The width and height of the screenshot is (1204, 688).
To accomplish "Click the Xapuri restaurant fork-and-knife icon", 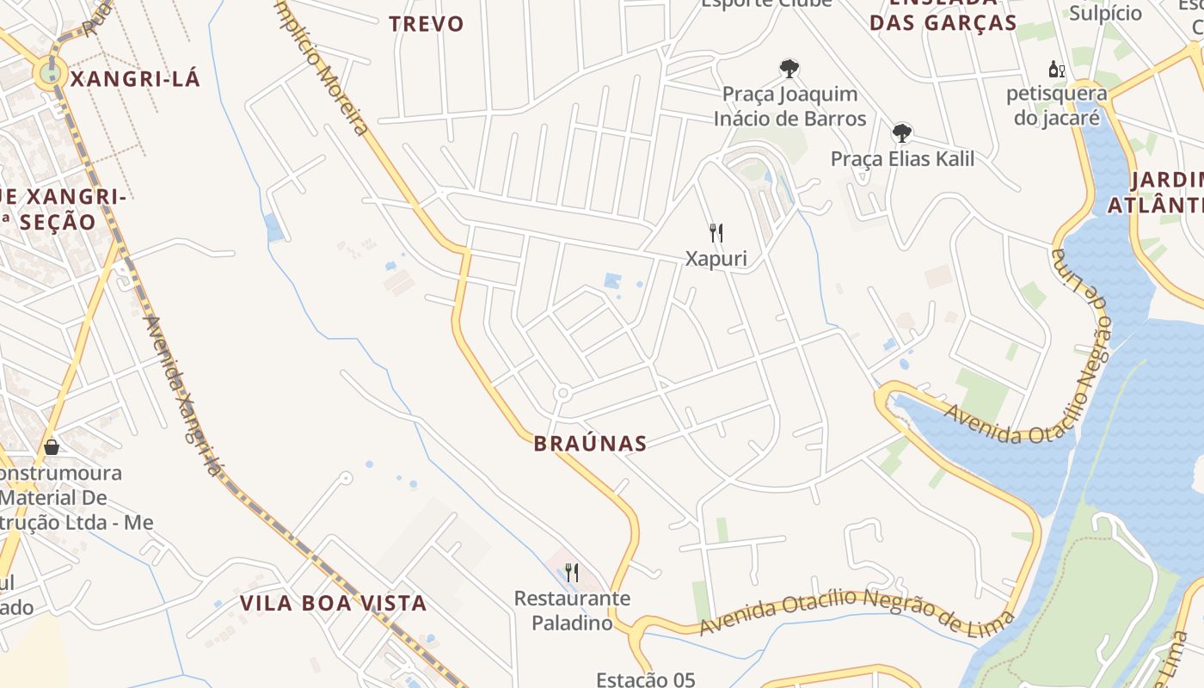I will coord(716,232).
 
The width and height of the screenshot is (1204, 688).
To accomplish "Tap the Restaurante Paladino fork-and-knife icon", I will coord(571,572).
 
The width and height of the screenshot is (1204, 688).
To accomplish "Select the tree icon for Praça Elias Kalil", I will coord(901,132).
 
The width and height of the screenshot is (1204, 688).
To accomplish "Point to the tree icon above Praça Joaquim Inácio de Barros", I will coord(789,68).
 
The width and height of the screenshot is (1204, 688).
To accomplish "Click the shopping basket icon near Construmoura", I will coord(52,446).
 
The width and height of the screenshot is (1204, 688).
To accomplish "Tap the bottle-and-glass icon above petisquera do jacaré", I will coord(1056,69).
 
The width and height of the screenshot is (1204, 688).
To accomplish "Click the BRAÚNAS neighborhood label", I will coord(590,444).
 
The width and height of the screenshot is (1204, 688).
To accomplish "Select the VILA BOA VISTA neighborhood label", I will coord(333,603).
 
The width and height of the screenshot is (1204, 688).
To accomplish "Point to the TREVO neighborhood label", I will coord(426,24).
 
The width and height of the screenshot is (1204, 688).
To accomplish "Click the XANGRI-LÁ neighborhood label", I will coord(134,79).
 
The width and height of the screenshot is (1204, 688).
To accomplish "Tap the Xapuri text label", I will coord(716,258).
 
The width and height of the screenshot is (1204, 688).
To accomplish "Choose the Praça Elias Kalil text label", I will coord(902,158).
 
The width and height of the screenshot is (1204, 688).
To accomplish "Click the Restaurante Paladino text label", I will coord(572,610).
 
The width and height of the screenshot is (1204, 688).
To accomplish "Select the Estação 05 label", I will coord(645,679).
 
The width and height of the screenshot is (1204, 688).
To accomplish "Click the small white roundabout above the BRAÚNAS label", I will coord(562,393).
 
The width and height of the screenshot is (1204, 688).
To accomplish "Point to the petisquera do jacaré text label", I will coord(1057,105).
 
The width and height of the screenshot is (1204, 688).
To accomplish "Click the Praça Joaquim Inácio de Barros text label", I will coord(789,106).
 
